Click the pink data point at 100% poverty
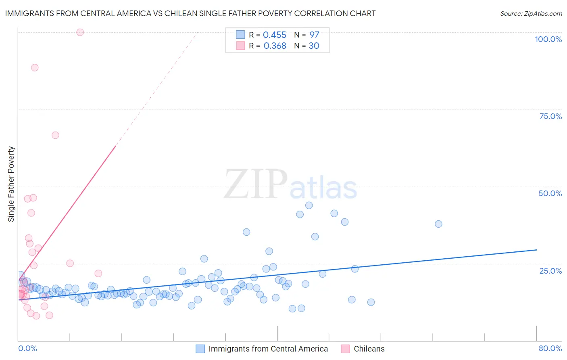pos(80,32)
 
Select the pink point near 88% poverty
pos(35,67)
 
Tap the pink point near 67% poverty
pos(55,135)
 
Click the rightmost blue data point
pos(438,224)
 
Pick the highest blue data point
pos(309,205)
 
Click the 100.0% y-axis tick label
pos(548,39)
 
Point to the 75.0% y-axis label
pos(550,116)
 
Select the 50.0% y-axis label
pos(550,193)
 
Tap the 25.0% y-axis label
pos(550,270)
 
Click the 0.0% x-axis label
pos(27,348)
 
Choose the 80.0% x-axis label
pos(550,348)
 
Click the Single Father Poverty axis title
pos(11,184)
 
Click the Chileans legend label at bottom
pos(369,349)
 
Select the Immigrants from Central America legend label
pos(268,349)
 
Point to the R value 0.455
pos(275,35)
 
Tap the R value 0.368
pos(275,46)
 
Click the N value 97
pos(314,35)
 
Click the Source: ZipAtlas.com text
pos(531,14)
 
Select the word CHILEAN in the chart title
pos(213,13)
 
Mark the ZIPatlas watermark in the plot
pos(290,184)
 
